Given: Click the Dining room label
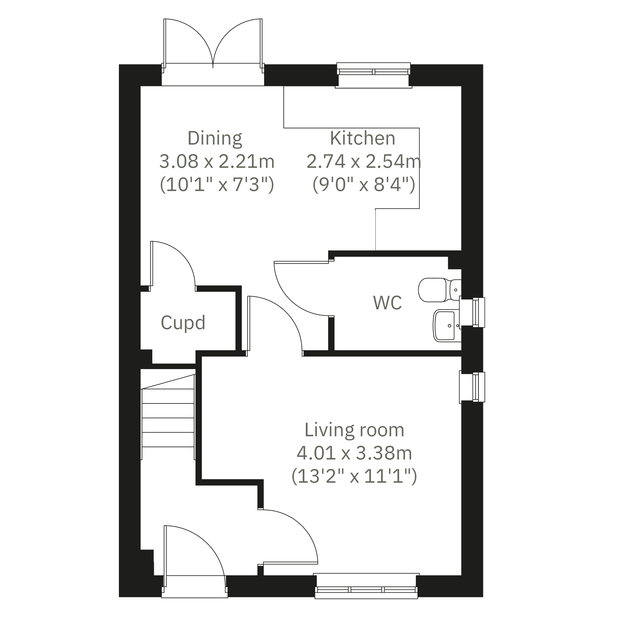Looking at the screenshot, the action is pyautogui.click(x=215, y=139).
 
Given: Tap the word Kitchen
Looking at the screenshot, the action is pyautogui.click(x=363, y=138).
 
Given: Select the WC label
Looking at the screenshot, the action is pyautogui.click(x=387, y=303).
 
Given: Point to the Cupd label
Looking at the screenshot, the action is pyautogui.click(x=183, y=323).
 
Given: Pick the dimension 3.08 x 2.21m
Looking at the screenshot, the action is pyautogui.click(x=217, y=162).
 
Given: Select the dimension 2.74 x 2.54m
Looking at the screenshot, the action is pyautogui.click(x=364, y=162).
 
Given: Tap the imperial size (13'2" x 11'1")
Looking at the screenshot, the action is pyautogui.click(x=355, y=477).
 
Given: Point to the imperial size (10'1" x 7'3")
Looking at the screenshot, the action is pyautogui.click(x=217, y=185).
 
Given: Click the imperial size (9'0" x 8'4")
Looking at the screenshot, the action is pyautogui.click(x=364, y=185).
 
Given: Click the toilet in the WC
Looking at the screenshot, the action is pyautogui.click(x=440, y=290).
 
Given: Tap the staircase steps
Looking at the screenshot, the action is pyautogui.click(x=168, y=417).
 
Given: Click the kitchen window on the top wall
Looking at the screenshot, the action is pyautogui.click(x=373, y=75).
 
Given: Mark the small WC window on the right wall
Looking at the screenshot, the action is pyautogui.click(x=472, y=312).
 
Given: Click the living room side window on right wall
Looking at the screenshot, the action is pyautogui.click(x=472, y=387).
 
